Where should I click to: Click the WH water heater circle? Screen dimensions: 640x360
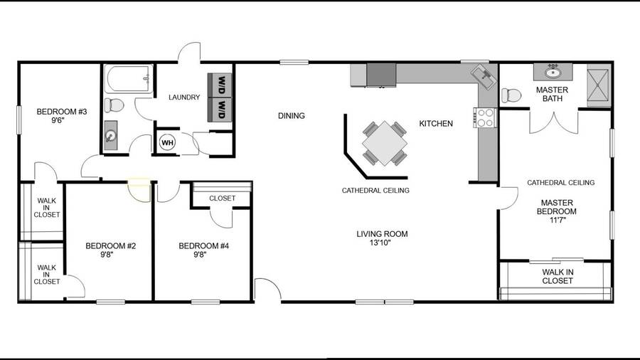(167, 142)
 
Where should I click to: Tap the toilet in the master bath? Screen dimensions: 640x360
(511, 95)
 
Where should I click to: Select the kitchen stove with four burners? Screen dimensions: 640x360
(485, 117)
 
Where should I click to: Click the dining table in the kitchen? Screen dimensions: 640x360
(385, 143)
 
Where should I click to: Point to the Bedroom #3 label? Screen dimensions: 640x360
(62, 115)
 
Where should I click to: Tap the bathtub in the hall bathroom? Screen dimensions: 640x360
(129, 79)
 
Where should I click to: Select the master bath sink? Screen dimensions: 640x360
(553, 73)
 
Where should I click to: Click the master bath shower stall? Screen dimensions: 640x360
(599, 85)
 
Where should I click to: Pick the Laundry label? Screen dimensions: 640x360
(184, 97)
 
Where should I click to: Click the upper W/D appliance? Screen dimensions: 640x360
(220, 85)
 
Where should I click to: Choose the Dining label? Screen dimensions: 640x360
(292, 116)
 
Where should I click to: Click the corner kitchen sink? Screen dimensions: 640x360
(484, 77)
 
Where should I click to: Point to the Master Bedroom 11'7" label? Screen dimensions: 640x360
(557, 211)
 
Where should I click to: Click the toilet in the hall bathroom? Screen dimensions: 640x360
(114, 105)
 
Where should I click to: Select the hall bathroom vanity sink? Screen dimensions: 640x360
(111, 135)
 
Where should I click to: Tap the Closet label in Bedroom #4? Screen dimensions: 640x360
(222, 198)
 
